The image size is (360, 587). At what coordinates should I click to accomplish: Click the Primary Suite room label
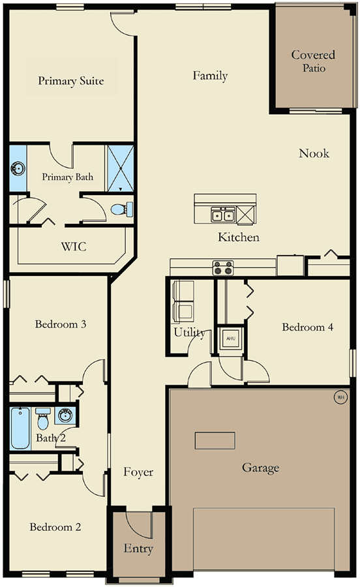click(70, 81)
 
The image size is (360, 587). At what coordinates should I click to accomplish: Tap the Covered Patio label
click(313, 61)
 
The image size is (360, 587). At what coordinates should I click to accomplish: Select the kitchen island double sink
click(223, 215)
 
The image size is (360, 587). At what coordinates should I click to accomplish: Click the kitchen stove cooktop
click(223, 268)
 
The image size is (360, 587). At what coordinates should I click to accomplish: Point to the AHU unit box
click(230, 339)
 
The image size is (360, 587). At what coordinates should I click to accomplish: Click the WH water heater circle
click(340, 397)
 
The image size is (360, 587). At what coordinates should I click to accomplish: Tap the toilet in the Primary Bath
click(122, 209)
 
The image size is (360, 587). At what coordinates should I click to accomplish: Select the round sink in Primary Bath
click(18, 168)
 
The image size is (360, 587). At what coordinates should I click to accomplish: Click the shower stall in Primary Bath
click(121, 168)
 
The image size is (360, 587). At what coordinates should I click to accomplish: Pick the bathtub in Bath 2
click(20, 429)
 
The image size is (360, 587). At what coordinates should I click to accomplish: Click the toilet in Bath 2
click(42, 419)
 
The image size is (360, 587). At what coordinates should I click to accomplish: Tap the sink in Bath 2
click(65, 415)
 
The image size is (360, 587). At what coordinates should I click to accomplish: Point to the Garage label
click(260, 468)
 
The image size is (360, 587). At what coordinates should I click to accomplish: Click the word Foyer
click(138, 472)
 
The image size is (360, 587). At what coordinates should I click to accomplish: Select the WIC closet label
click(74, 247)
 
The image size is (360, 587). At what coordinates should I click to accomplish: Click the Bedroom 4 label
click(307, 327)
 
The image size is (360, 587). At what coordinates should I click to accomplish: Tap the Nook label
click(314, 153)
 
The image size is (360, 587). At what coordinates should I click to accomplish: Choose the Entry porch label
click(138, 549)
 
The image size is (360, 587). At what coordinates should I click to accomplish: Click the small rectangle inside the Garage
click(215, 441)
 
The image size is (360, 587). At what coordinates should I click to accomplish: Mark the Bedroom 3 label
click(61, 324)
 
